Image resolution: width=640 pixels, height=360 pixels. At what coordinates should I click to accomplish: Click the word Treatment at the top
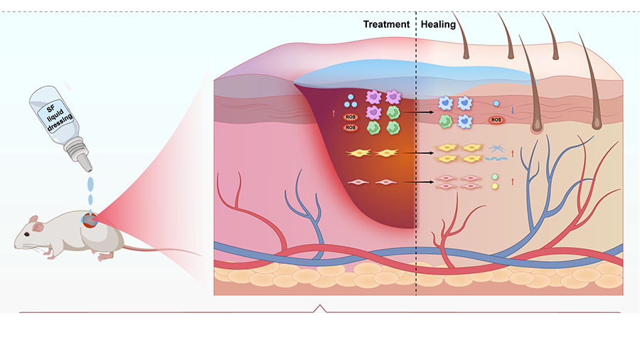pos(386,24)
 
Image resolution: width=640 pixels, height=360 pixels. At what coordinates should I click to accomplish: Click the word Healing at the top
pos(438,24)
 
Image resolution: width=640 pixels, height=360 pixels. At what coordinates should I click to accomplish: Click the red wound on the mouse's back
pos(88,221)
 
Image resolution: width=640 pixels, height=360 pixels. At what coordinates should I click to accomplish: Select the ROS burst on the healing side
pos(496,120)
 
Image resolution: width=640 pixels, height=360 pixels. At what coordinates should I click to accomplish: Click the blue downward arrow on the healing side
pos(512,110)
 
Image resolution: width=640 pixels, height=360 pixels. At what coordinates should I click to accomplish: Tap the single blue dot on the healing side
pos(496,104)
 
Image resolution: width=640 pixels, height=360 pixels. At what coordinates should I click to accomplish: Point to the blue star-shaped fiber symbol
pos(496,148)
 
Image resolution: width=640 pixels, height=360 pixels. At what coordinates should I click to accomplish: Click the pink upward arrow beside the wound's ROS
pos(334,112)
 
